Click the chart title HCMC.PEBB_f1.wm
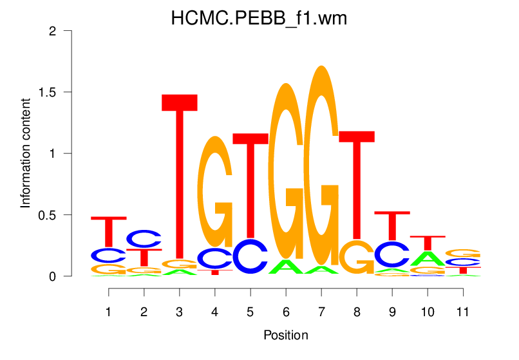coord(259,18)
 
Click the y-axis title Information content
coord(26,153)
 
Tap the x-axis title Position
coord(285,336)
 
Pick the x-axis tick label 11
coord(462,311)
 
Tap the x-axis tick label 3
coord(179,311)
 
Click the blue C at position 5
coord(250,256)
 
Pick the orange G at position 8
coord(356,257)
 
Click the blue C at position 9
coord(392,254)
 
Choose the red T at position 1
coord(108,232)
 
